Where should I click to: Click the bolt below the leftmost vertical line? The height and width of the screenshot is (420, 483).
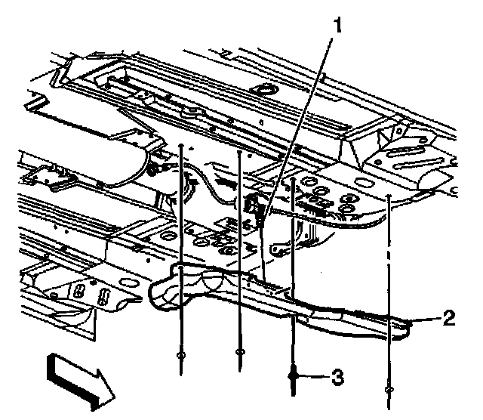click(x=180, y=355)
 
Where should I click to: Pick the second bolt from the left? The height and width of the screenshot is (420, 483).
click(x=239, y=353)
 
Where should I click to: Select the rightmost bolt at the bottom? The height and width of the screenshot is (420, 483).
click(x=388, y=390)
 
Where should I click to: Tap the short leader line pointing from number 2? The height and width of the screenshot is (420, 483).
click(x=426, y=320)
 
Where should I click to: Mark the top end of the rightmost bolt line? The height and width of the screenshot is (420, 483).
click(x=388, y=198)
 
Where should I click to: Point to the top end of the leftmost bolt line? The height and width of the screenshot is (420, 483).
click(x=181, y=144)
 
